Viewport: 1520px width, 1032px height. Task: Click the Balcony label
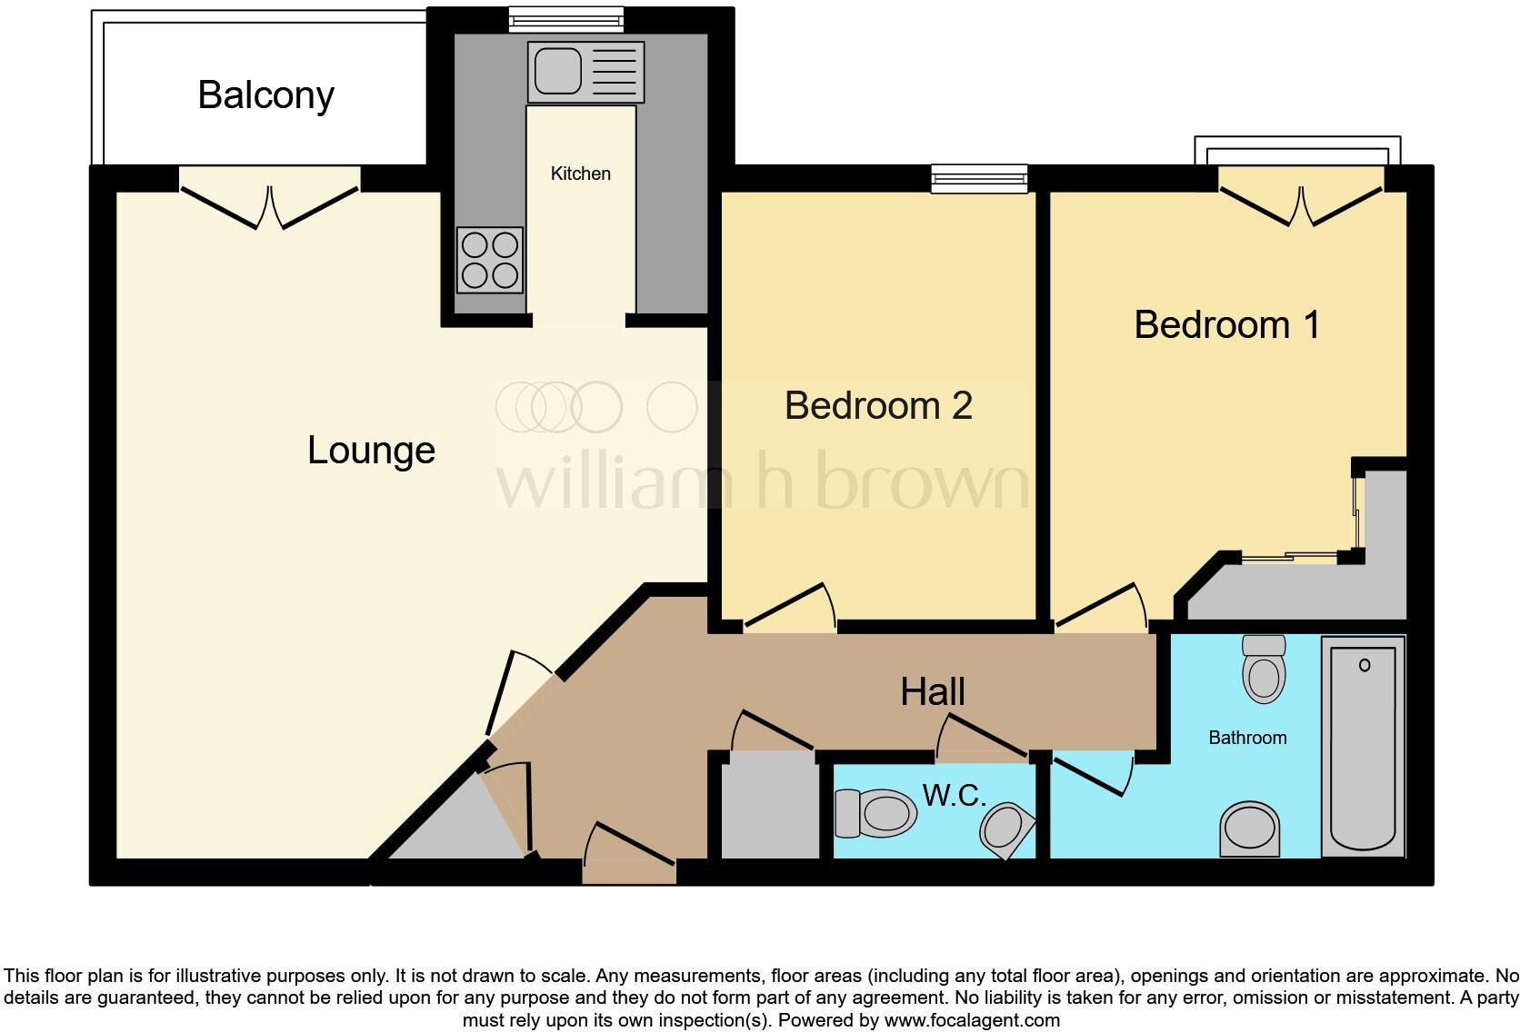point(266,95)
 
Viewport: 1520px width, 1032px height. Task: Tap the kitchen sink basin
point(558,71)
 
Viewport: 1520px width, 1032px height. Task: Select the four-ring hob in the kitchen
point(490,261)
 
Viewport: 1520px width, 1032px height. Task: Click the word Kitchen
point(580,174)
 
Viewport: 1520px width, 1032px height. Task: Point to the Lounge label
point(371,451)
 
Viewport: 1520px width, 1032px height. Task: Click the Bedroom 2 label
point(879,405)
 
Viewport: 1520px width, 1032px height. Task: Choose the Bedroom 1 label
point(1227,324)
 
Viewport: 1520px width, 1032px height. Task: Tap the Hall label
point(933,691)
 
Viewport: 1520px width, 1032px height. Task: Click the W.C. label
point(954,795)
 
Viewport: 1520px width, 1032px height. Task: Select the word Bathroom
point(1247,738)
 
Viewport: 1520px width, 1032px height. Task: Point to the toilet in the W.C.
point(875,813)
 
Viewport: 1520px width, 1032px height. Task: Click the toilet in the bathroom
point(1264,669)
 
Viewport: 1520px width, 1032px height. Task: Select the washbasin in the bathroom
point(1249,829)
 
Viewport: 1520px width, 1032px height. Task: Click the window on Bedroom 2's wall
point(979,179)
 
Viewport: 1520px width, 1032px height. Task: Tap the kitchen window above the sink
point(566,20)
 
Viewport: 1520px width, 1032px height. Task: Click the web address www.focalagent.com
point(972,1020)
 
